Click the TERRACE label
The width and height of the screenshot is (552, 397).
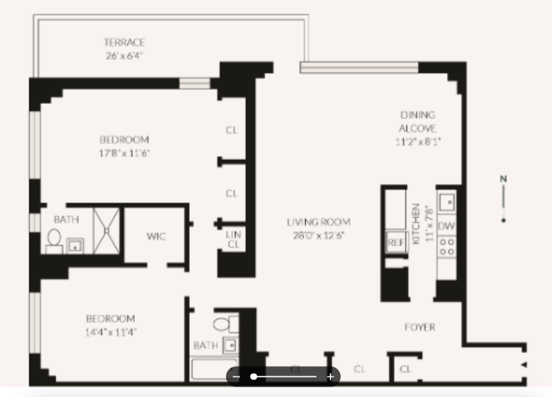pyautogui.click(x=125, y=42)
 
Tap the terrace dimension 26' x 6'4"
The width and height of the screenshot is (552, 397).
pyautogui.click(x=125, y=55)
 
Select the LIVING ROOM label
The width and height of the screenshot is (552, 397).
pyautogui.click(x=318, y=222)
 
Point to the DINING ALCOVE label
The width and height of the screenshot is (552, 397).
pyautogui.click(x=418, y=121)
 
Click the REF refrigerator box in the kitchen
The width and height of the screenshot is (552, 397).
pyautogui.click(x=395, y=243)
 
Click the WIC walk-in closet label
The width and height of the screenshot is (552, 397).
pyautogui.click(x=156, y=236)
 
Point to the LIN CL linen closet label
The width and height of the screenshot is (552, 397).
pyautogui.click(x=233, y=239)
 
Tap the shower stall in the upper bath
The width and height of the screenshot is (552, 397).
pyautogui.click(x=107, y=230)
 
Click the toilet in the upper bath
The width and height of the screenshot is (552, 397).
pyautogui.click(x=53, y=239)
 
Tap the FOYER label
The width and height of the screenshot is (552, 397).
pyautogui.click(x=420, y=327)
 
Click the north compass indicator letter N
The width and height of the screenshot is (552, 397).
pyautogui.click(x=503, y=179)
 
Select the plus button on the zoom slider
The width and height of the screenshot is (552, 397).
pyautogui.click(x=330, y=377)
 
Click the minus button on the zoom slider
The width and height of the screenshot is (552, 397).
pyautogui.click(x=236, y=377)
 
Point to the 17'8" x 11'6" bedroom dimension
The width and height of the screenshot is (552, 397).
pyautogui.click(x=125, y=153)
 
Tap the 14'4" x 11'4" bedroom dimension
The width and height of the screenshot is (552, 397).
pyautogui.click(x=111, y=332)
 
